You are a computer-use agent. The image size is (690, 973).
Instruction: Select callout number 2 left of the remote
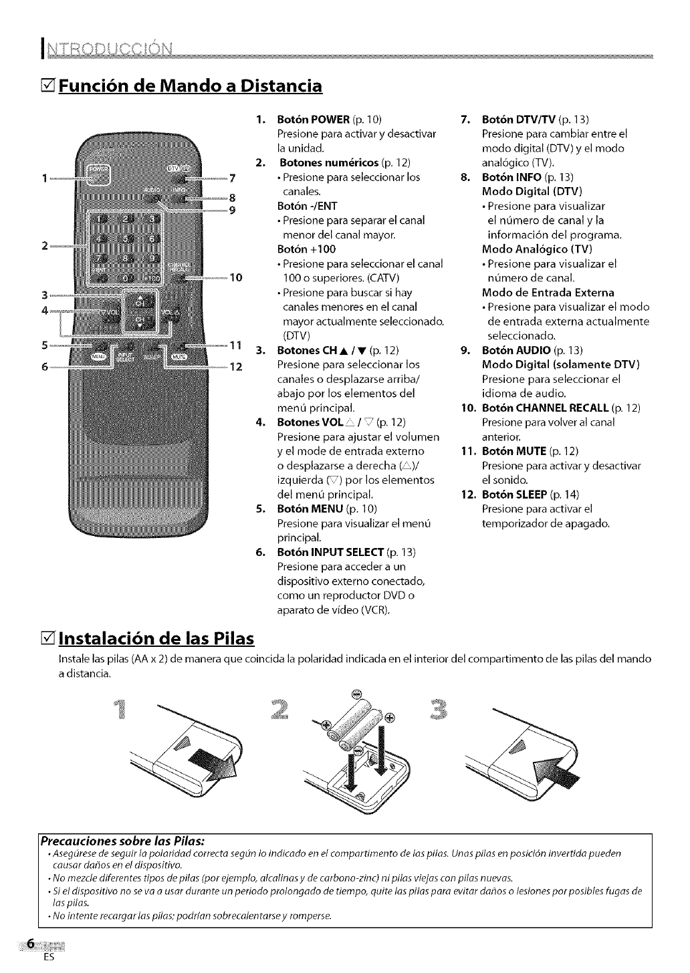(45, 245)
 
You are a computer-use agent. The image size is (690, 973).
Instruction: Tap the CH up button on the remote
(140, 298)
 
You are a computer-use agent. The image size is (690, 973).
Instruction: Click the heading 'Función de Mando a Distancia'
(190, 86)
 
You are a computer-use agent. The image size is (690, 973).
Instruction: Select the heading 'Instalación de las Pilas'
(156, 639)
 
